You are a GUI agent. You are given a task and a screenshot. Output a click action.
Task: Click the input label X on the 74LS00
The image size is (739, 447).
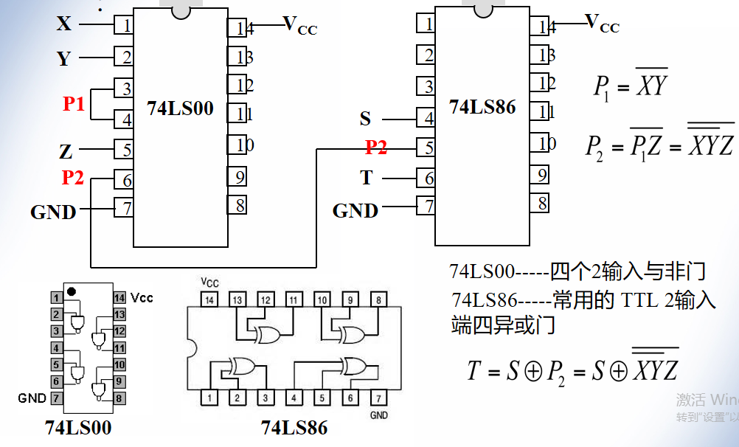pyautogui.click(x=65, y=24)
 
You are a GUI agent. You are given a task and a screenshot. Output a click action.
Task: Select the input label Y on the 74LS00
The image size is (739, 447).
pyautogui.click(x=64, y=58)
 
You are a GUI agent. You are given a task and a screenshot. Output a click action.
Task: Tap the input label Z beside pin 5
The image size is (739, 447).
pyautogui.click(x=66, y=152)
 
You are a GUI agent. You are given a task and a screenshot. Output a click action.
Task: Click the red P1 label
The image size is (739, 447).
pyautogui.click(x=74, y=104)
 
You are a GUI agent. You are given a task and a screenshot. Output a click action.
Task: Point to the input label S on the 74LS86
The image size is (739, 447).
pyautogui.click(x=366, y=118)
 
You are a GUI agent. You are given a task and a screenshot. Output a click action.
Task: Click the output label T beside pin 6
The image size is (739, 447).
pyautogui.click(x=367, y=177)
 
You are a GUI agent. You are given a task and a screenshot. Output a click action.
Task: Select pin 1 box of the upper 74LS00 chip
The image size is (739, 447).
pyautogui.click(x=124, y=25)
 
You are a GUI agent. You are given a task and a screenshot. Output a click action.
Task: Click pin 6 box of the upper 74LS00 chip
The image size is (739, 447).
pyautogui.click(x=124, y=180)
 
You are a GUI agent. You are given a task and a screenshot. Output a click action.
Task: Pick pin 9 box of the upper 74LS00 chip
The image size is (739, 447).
pyautogui.click(x=237, y=177)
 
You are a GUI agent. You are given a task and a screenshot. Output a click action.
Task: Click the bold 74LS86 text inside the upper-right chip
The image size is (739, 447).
pyautogui.click(x=482, y=107)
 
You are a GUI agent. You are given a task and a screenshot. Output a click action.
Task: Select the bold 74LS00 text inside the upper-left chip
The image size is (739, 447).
pyautogui.click(x=180, y=108)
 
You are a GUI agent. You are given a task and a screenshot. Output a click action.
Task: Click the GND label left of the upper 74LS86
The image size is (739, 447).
pyautogui.click(x=355, y=211)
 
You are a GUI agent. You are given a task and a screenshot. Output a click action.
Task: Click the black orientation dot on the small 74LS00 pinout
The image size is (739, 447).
pyautogui.click(x=71, y=291)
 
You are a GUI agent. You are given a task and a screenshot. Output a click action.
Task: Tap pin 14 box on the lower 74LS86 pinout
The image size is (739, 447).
pyautogui.click(x=210, y=300)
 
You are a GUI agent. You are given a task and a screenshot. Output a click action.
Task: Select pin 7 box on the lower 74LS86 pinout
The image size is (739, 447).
pyautogui.click(x=378, y=398)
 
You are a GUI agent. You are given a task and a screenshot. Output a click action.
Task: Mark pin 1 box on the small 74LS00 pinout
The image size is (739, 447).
pyautogui.click(x=56, y=298)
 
